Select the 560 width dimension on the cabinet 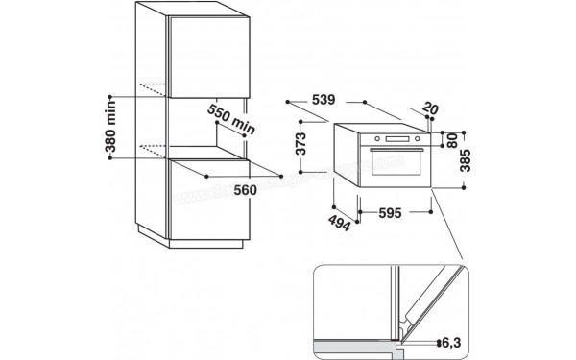(x=245, y=189)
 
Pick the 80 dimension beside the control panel (x=453, y=141)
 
